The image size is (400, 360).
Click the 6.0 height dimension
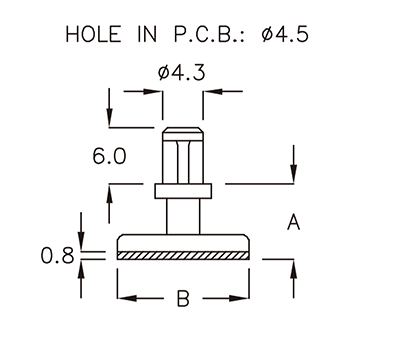tap(109, 156)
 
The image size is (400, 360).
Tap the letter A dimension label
tap(293, 222)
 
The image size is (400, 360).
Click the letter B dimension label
tap(183, 299)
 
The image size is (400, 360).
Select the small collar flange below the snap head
tap(183, 188)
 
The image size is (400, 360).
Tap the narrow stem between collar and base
tap(183, 214)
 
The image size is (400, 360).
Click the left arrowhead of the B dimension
tap(124, 298)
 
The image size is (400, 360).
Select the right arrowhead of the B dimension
tap(243, 298)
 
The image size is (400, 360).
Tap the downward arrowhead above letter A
tap(293, 178)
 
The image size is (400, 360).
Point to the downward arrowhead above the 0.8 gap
tap(83, 245)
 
